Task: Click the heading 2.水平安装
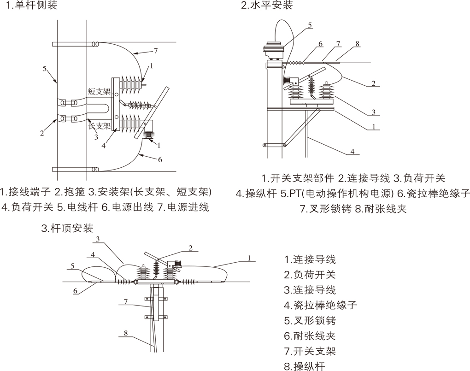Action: (267, 6)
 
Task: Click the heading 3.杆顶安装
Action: (67, 228)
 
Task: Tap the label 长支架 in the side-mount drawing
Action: (100, 125)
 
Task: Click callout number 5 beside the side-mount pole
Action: (44, 69)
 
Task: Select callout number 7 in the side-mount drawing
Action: (156, 50)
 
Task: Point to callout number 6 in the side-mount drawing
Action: (160, 159)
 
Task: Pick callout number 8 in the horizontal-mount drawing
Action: (357, 44)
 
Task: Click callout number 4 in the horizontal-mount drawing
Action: (352, 151)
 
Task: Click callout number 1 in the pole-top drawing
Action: (249, 258)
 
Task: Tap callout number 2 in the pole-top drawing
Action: (190, 248)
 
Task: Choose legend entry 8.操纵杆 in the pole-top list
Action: (304, 366)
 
